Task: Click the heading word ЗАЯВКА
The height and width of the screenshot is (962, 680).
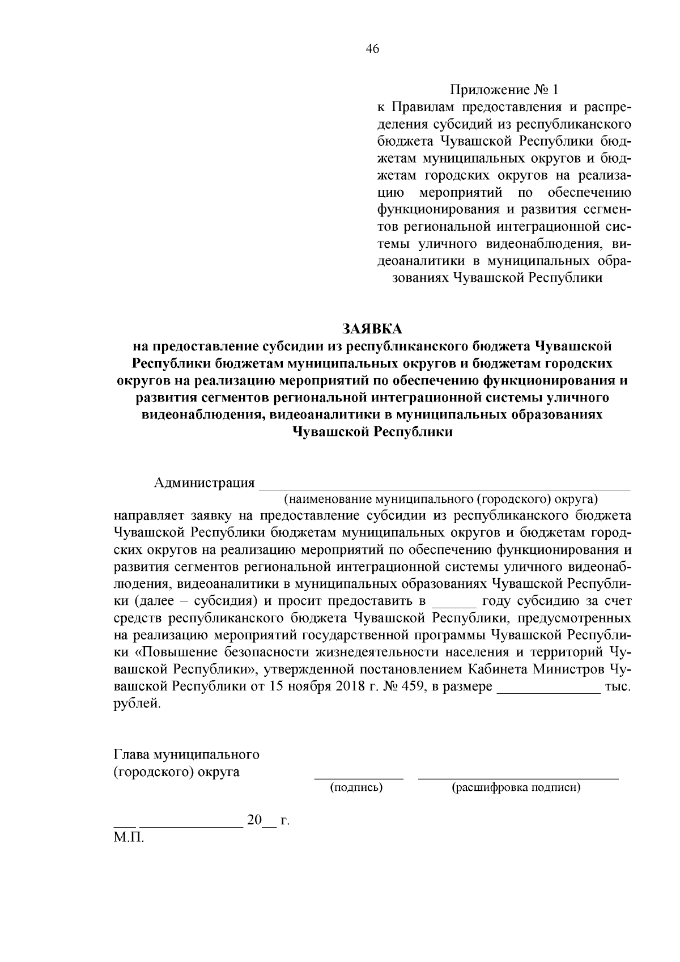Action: pyautogui.click(x=372, y=329)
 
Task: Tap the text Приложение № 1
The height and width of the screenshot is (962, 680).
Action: pyautogui.click(x=504, y=90)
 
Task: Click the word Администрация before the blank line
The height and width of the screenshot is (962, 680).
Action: pyautogui.click(x=204, y=483)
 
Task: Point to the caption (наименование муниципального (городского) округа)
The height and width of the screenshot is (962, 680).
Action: pyautogui.click(x=441, y=499)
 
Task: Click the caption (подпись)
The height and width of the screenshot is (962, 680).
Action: pyautogui.click(x=356, y=787)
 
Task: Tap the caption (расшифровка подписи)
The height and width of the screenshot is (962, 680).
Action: pyautogui.click(x=516, y=787)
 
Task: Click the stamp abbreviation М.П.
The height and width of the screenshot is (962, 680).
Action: pyautogui.click(x=129, y=838)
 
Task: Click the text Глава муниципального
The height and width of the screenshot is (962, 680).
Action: pyautogui.click(x=187, y=755)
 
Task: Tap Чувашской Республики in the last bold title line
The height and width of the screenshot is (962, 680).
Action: pyautogui.click(x=372, y=432)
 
